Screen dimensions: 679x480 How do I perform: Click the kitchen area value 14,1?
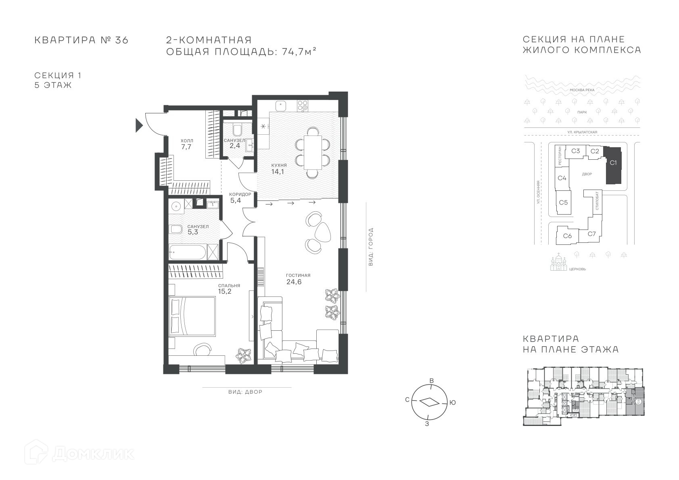[277, 172]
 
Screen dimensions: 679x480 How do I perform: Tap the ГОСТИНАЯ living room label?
[298, 275]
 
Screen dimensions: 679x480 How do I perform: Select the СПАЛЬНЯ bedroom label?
[229, 286]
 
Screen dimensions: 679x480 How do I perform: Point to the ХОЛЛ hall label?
[187, 141]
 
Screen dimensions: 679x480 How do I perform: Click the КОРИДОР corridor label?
[240, 194]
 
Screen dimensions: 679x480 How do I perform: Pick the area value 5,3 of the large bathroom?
[193, 232]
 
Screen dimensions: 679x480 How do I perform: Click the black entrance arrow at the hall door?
[139, 125]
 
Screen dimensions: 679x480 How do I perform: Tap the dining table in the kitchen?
[313, 152]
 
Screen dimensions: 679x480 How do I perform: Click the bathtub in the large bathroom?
[188, 252]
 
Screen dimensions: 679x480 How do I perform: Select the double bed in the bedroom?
[192, 316]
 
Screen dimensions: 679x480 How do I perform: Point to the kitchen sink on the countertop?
[281, 106]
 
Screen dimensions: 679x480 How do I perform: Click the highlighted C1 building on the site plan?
[613, 165]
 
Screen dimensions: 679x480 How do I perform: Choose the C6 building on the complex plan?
[567, 236]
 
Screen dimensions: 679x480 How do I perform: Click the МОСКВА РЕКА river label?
[582, 90]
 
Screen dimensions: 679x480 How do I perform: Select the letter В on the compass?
[432, 381]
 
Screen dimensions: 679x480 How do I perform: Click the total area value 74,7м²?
[299, 52]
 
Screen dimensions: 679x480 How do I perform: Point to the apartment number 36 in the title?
[121, 40]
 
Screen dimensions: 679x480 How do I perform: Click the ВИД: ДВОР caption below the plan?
[245, 392]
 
